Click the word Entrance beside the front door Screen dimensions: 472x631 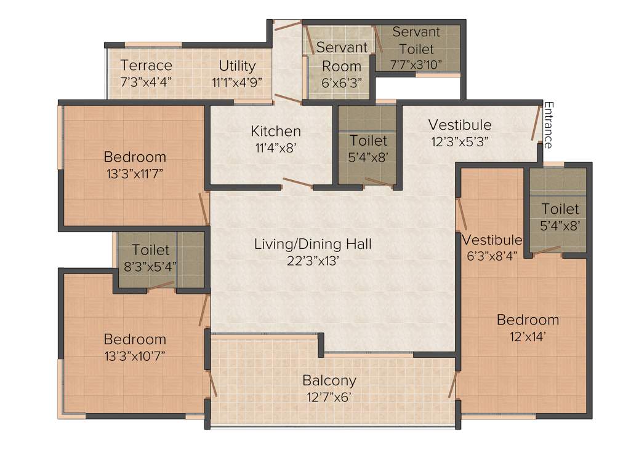pyautogui.click(x=547, y=125)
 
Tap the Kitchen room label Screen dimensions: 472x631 pyautogui.click(x=276, y=131)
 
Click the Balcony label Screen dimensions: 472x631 pyautogui.click(x=329, y=380)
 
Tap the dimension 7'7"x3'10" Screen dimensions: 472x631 pyautogui.click(x=416, y=64)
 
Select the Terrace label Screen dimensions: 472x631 pyautogui.click(x=147, y=65)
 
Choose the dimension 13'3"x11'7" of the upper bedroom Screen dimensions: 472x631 pyautogui.click(x=135, y=174)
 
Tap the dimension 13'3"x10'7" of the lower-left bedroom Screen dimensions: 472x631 pyautogui.click(x=135, y=355)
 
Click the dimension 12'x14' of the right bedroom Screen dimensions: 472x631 pyautogui.click(x=528, y=336)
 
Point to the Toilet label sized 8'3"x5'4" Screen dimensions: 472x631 pyautogui.click(x=151, y=250)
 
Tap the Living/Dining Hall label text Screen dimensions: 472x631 pyautogui.click(x=313, y=244)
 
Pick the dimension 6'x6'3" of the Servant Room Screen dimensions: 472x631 pyautogui.click(x=341, y=82)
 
